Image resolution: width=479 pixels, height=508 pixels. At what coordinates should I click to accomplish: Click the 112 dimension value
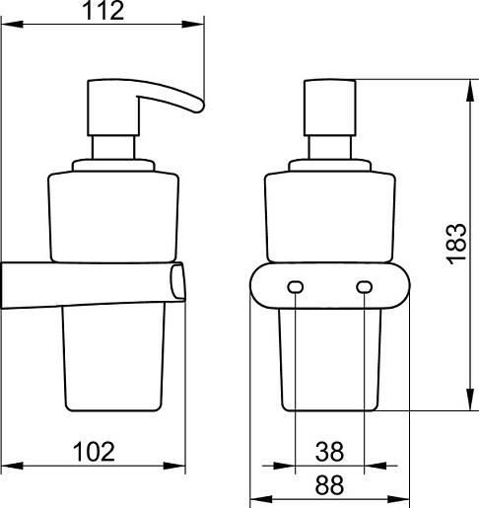pyautogui.click(x=103, y=11)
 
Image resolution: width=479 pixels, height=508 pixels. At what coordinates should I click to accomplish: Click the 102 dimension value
pyautogui.click(x=94, y=452)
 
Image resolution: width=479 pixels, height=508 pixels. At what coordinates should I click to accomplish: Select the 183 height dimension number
pyautogui.click(x=456, y=244)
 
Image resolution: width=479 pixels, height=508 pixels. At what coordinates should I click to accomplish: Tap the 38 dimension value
pyautogui.click(x=329, y=452)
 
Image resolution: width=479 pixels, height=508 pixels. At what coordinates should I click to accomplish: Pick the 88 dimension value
pyautogui.click(x=329, y=484)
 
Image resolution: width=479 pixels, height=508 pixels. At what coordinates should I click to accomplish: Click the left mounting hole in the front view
pyautogui.click(x=296, y=287)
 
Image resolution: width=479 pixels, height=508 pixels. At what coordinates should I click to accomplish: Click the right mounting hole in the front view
pyautogui.click(x=364, y=287)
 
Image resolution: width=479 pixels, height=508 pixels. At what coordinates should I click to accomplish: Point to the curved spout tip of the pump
pyautogui.click(x=199, y=106)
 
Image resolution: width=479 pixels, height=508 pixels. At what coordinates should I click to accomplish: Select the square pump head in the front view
pyautogui.click(x=329, y=108)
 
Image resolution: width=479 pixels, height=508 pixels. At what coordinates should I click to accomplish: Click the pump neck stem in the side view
pyautogui.click(x=113, y=148)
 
